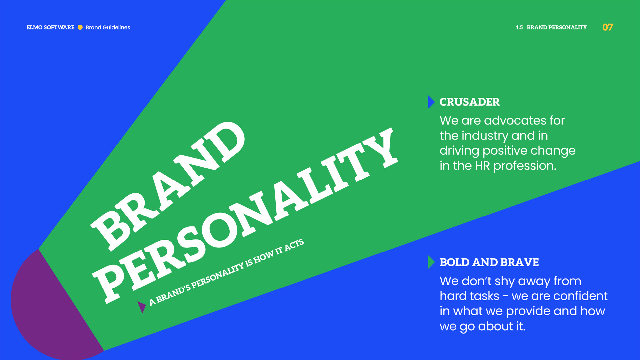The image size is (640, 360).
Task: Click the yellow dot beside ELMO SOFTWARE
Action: [80, 27]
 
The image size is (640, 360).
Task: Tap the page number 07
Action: [608, 27]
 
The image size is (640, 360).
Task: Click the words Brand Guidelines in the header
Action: [108, 27]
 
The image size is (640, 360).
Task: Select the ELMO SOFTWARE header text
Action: [50, 27]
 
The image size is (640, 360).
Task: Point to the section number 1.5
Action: [519, 27]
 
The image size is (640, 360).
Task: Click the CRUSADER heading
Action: [469, 102]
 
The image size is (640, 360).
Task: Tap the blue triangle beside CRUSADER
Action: [431, 102]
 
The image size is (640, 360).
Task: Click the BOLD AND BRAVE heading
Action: [489, 262]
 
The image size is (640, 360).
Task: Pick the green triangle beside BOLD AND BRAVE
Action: [431, 262]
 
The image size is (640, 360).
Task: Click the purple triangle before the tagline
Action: [141, 306]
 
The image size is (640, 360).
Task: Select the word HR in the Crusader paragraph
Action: [482, 166]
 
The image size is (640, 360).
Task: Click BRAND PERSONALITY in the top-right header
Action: [557, 27]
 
